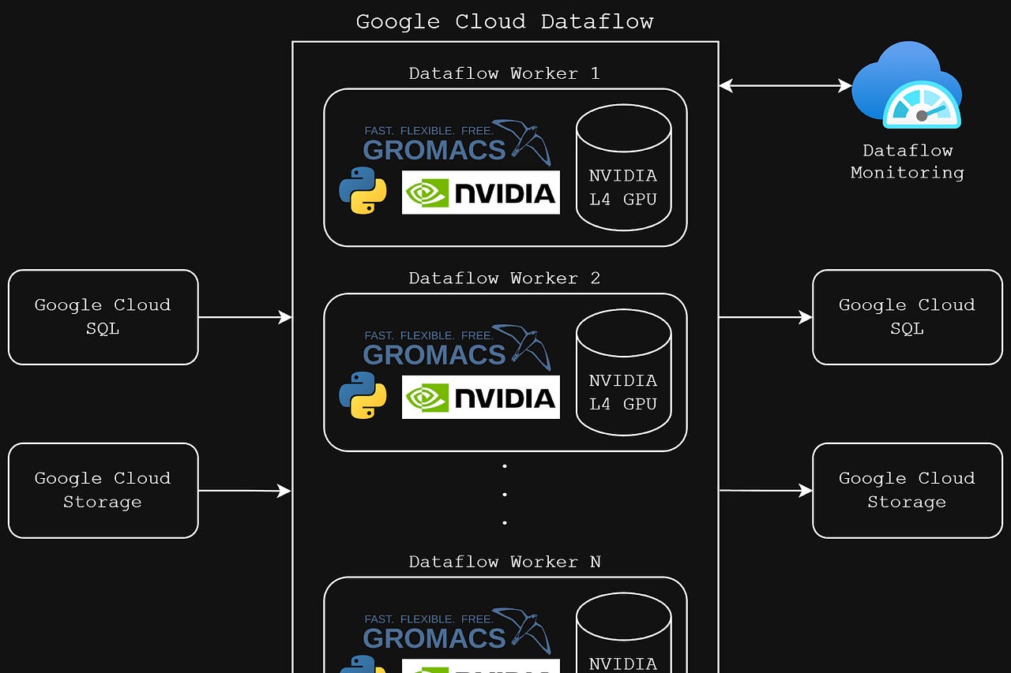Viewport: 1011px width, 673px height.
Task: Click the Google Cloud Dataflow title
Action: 504,21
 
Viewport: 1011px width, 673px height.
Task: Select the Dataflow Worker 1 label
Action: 504,73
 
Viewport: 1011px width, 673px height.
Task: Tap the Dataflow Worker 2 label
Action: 504,278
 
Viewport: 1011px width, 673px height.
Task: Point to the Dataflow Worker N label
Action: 504,562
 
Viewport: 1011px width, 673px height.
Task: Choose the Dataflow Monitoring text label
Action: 907,161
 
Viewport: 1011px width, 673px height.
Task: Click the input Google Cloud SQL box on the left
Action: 103,317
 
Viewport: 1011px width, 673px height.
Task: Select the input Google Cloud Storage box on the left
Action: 103,490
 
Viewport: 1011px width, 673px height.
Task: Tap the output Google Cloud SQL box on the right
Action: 907,317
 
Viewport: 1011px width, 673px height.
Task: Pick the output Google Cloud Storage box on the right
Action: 907,490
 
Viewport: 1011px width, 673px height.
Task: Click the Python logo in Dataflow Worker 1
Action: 363,191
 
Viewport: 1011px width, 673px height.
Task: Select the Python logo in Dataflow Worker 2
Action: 363,395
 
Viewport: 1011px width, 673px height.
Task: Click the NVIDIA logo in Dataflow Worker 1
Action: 480,193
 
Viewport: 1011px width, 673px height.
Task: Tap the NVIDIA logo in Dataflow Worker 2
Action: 480,397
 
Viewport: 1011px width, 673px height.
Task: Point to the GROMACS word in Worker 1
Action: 434,150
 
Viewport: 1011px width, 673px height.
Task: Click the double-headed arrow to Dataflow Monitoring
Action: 785,86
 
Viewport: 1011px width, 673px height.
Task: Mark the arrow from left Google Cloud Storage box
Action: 245,491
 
